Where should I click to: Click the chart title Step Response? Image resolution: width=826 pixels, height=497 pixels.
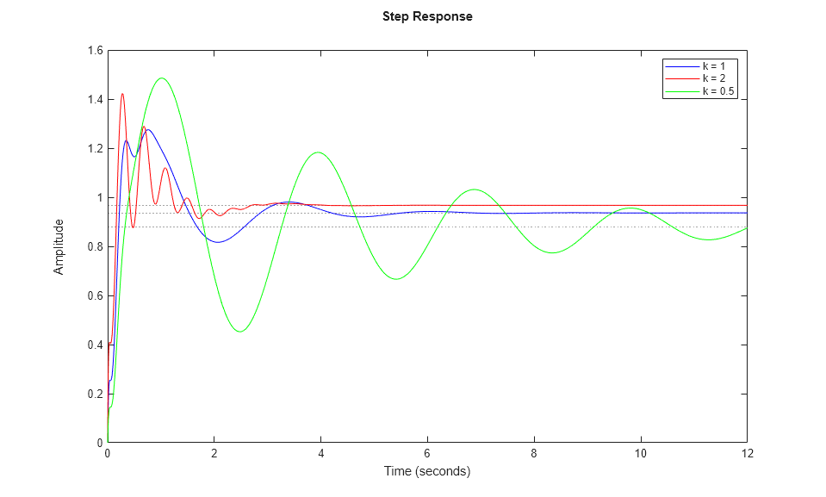tap(427, 16)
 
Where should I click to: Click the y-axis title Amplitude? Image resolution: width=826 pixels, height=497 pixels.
tap(59, 246)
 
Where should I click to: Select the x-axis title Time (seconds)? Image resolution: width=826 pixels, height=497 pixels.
tap(427, 471)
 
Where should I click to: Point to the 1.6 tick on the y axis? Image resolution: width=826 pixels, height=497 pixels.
tap(93, 51)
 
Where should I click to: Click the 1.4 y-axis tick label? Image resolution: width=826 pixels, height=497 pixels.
tap(93, 100)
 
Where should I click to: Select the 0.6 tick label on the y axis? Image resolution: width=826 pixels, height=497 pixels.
tap(93, 296)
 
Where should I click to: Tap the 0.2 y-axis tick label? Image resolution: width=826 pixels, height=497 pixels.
tap(93, 394)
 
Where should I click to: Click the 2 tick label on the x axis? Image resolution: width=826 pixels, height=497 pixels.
tap(214, 454)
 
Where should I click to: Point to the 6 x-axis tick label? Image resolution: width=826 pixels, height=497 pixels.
tap(427, 454)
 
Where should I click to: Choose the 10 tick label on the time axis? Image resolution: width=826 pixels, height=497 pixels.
tap(640, 454)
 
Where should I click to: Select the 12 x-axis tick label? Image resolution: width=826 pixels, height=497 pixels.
tap(747, 454)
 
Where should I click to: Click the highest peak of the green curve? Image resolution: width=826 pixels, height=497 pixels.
tap(161, 78)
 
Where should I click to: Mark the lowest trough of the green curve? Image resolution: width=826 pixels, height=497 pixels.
tap(240, 332)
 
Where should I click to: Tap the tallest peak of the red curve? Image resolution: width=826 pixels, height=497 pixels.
tap(122, 94)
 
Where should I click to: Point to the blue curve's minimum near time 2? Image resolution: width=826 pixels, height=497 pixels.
tap(218, 242)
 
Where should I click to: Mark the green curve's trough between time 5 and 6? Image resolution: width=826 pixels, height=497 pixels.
tap(396, 279)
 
